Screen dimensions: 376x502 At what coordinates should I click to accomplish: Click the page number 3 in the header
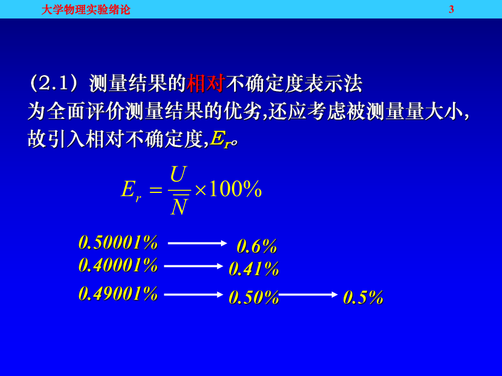pos(451,9)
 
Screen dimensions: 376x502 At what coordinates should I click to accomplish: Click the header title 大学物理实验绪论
pos(86,9)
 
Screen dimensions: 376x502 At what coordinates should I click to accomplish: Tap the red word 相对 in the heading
pos(206,84)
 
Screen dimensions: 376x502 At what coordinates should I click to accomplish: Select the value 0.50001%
pos(118,242)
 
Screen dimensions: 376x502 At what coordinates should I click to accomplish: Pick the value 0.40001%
pos(118,265)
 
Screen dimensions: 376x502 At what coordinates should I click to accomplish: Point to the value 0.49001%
pos(118,294)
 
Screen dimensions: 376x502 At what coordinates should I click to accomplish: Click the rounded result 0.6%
pos(257,247)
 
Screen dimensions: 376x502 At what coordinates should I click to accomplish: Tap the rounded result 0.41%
pos(254,269)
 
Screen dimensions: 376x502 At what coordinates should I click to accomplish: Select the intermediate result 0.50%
pos(254,298)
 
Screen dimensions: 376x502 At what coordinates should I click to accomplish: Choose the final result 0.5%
pos(363,298)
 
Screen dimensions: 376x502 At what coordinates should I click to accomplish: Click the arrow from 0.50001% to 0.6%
pos(197,243)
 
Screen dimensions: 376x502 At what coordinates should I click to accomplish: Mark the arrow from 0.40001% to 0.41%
pos(194,266)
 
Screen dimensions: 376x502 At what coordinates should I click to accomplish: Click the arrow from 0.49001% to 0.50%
pos(194,294)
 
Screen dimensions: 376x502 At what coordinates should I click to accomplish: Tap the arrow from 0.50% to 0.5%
pos(308,294)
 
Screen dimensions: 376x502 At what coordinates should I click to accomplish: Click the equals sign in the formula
pos(156,190)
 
